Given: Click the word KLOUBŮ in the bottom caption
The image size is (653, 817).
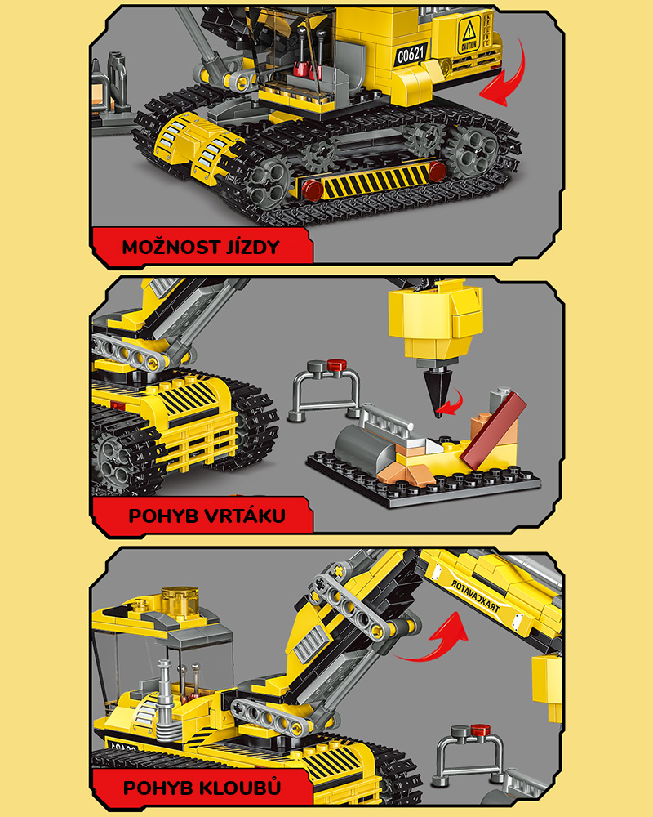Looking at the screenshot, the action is click(x=241, y=787).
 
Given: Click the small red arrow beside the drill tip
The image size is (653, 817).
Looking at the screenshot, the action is click(x=450, y=402).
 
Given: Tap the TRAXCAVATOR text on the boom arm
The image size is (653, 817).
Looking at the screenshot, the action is click(x=475, y=596).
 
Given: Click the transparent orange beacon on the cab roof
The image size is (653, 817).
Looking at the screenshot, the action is click(x=180, y=600).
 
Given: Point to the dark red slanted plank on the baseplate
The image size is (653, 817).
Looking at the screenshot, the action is click(x=493, y=431).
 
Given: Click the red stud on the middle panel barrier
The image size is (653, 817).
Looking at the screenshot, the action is click(x=336, y=364).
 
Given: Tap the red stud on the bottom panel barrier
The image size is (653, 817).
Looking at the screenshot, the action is click(x=480, y=730).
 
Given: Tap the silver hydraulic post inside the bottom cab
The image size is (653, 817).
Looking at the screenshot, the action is click(x=165, y=693).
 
